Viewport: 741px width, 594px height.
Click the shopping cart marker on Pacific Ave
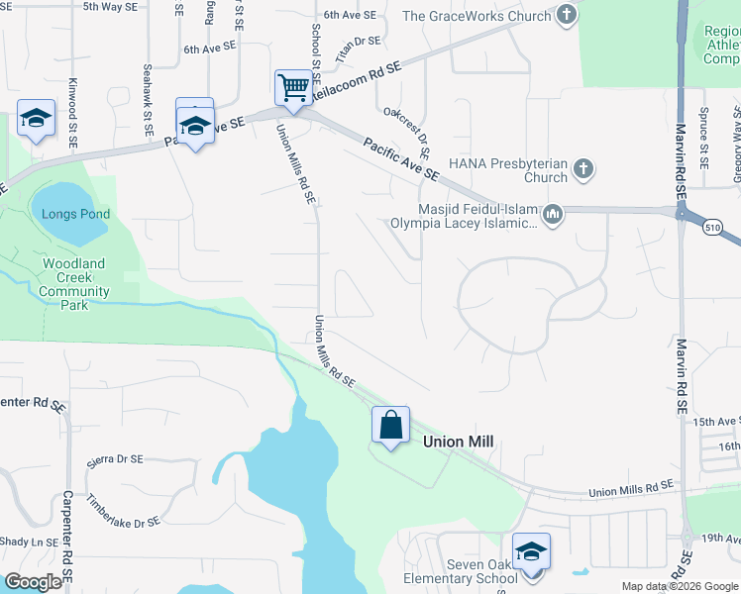coord(293,89)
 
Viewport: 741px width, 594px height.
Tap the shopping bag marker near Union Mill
coord(391,426)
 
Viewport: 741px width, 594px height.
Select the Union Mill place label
coord(458,442)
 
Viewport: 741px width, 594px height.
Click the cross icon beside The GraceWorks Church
coord(566,15)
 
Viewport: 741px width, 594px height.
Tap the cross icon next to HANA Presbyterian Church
coord(583,168)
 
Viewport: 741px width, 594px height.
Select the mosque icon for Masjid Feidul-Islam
coord(553,213)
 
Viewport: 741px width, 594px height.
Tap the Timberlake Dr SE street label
coord(123,511)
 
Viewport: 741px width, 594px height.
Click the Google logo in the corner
coord(34,582)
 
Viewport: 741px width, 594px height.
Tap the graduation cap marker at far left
coord(36,119)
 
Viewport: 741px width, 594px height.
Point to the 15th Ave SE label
coord(716,422)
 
